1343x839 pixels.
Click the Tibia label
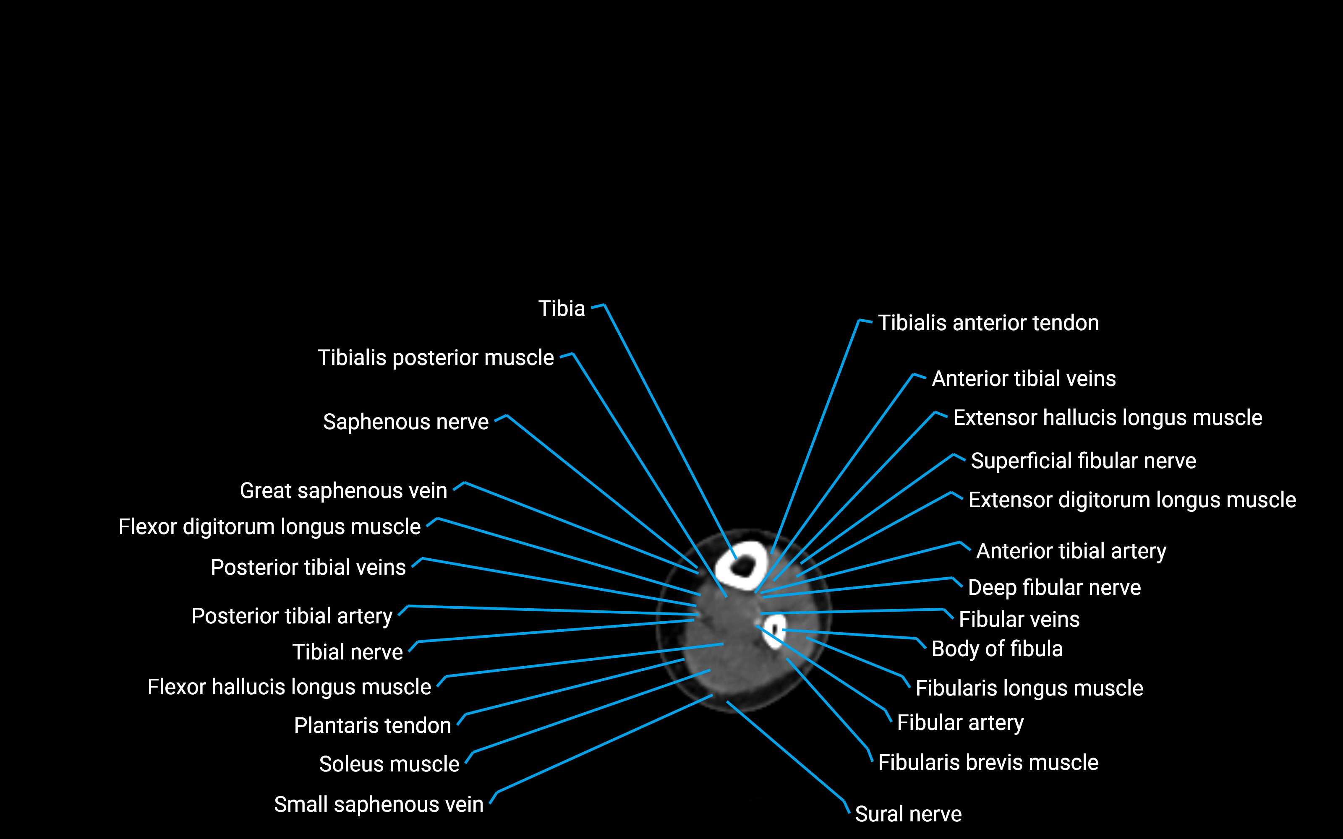tap(562, 308)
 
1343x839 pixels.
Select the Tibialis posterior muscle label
tap(436, 358)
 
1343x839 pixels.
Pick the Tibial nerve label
tap(348, 652)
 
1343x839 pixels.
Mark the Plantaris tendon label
tap(372, 726)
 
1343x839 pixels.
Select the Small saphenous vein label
tap(379, 805)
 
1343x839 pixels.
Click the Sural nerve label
tap(908, 814)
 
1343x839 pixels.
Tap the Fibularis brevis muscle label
tap(988, 762)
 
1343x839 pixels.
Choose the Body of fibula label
tap(997, 649)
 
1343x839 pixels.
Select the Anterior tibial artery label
tap(1071, 551)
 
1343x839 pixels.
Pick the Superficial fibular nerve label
tap(1083, 461)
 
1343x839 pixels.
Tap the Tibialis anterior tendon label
tap(988, 323)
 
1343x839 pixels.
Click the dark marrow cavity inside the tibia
tap(742, 567)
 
